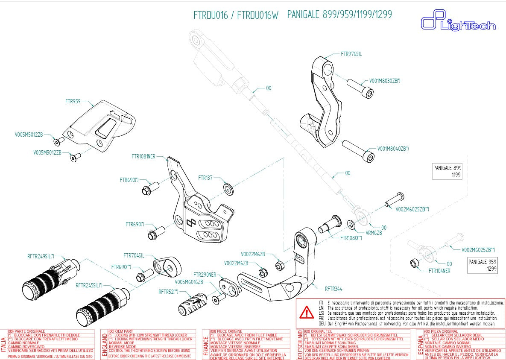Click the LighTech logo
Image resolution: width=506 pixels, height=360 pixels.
[x=458, y=23]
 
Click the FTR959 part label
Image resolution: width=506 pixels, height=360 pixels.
[x=73, y=102]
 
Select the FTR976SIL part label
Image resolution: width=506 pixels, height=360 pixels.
[x=351, y=54]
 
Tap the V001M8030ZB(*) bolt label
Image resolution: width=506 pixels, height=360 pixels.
[x=384, y=81]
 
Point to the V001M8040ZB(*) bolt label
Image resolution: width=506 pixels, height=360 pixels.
[x=393, y=149]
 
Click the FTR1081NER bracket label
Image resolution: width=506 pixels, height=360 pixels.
[x=143, y=157]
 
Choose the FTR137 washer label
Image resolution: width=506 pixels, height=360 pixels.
[x=205, y=178]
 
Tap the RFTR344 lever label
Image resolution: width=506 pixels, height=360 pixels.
[x=333, y=289]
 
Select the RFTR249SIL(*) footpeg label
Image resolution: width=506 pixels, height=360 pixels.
[x=41, y=256]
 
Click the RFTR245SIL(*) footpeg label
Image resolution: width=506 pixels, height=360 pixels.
[x=89, y=285]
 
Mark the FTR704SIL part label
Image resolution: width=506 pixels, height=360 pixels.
[x=134, y=255]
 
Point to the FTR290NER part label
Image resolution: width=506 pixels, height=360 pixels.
[x=205, y=275]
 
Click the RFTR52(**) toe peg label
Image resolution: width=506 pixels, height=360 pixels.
[x=168, y=292]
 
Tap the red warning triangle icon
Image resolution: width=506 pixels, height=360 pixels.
[x=306, y=313]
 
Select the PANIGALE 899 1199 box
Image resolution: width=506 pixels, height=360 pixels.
[x=447, y=172]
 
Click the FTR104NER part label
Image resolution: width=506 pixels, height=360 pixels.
[x=439, y=270]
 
